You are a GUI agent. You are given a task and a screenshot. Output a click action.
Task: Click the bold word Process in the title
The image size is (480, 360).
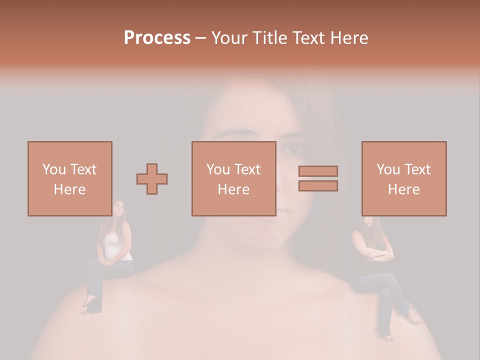click(x=157, y=37)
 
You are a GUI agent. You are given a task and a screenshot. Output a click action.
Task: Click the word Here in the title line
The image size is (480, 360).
click(x=350, y=37)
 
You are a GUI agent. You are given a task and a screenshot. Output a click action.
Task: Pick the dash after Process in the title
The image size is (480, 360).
click(x=200, y=38)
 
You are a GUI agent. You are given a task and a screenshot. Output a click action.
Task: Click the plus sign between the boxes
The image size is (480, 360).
click(x=152, y=178)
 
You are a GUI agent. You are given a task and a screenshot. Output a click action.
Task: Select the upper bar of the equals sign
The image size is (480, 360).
click(x=318, y=171)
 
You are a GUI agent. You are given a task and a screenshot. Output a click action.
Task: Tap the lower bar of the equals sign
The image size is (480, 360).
click(x=318, y=186)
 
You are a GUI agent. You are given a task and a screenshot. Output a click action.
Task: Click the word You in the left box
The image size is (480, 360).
click(x=54, y=169)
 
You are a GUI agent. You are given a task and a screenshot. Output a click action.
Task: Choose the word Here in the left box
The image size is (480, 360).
click(x=69, y=189)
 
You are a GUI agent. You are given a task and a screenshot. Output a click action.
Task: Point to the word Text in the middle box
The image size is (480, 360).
click(x=247, y=169)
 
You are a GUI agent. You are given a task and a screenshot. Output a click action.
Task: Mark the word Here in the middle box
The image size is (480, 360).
click(x=233, y=189)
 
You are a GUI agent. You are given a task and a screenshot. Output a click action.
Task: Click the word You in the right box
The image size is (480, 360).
click(x=388, y=169)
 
